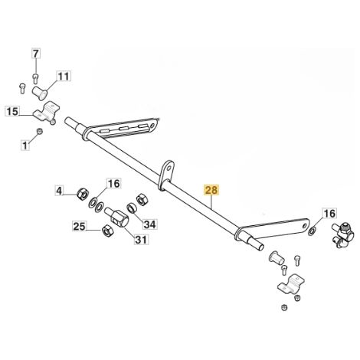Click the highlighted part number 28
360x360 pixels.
click(211, 191)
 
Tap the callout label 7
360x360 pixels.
click(36, 54)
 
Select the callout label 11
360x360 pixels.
click(64, 77)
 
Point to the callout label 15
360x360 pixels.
click(12, 111)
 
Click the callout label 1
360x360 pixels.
click(25, 146)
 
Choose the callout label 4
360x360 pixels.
click(59, 191)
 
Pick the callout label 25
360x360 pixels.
click(79, 227)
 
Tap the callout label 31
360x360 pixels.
click(141, 240)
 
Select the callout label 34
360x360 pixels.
click(149, 224)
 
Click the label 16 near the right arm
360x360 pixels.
click(329, 214)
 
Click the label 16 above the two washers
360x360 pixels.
click(113, 184)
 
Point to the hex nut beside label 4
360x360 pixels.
click(83, 195)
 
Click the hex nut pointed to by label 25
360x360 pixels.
click(106, 231)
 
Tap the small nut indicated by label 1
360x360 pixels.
click(40, 131)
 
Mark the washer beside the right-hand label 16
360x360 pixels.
click(312, 232)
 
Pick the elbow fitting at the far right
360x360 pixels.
click(342, 236)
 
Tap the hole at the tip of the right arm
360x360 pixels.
click(305, 226)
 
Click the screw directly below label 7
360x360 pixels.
click(36, 78)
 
